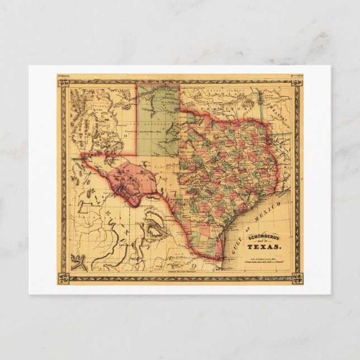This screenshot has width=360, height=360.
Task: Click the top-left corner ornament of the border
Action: point(63,82)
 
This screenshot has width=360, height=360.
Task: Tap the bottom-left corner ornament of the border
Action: point(63,277)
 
